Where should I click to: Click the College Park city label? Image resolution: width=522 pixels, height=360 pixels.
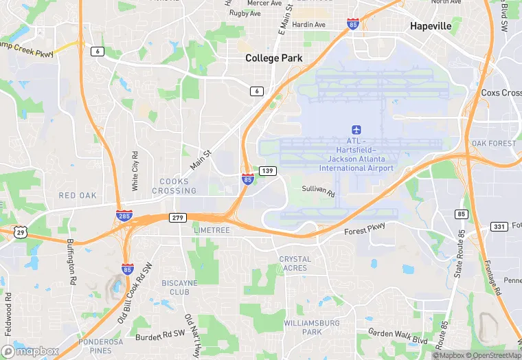pyautogui.click(x=274, y=58)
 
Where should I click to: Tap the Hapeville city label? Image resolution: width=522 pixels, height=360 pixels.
pyautogui.click(x=431, y=26)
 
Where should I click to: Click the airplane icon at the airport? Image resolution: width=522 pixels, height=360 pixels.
pyautogui.click(x=356, y=129)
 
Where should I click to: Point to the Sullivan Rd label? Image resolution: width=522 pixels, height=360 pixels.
pyautogui.click(x=319, y=192)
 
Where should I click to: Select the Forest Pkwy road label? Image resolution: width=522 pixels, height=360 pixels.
pyautogui.click(x=365, y=231)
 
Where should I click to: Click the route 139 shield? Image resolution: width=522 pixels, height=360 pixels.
pyautogui.click(x=269, y=170)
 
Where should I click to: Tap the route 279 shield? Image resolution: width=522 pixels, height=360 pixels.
pyautogui.click(x=178, y=217)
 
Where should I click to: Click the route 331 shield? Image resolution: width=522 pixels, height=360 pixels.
pyautogui.click(x=499, y=226)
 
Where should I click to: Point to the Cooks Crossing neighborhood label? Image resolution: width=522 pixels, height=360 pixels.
pyautogui.click(x=179, y=186)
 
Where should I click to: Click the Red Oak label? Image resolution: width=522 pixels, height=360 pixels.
pyautogui.click(x=78, y=196)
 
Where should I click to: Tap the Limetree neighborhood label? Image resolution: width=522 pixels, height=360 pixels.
pyautogui.click(x=212, y=231)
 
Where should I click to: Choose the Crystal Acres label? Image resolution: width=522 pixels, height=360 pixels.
pyautogui.click(x=295, y=263)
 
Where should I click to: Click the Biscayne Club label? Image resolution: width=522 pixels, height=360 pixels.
pyautogui.click(x=179, y=287)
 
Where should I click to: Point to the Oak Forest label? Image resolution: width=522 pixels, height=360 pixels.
pyautogui.click(x=493, y=143)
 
